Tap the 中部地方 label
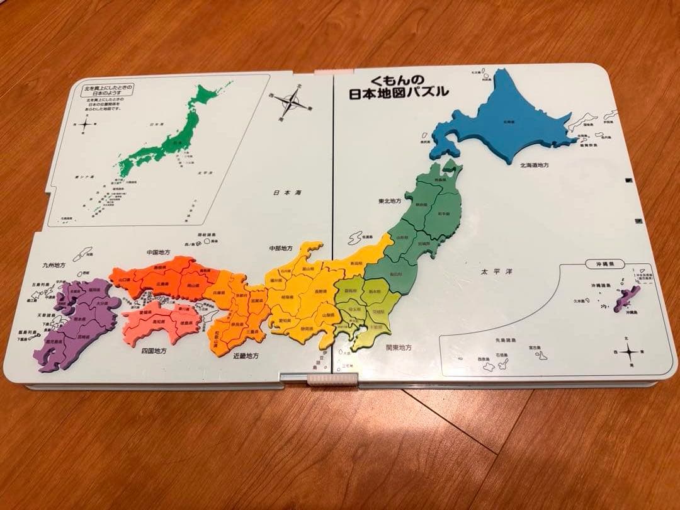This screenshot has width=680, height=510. coord(281,248)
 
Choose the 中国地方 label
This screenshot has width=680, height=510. coord(161,253)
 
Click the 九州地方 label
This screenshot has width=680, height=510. coord(54,266)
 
